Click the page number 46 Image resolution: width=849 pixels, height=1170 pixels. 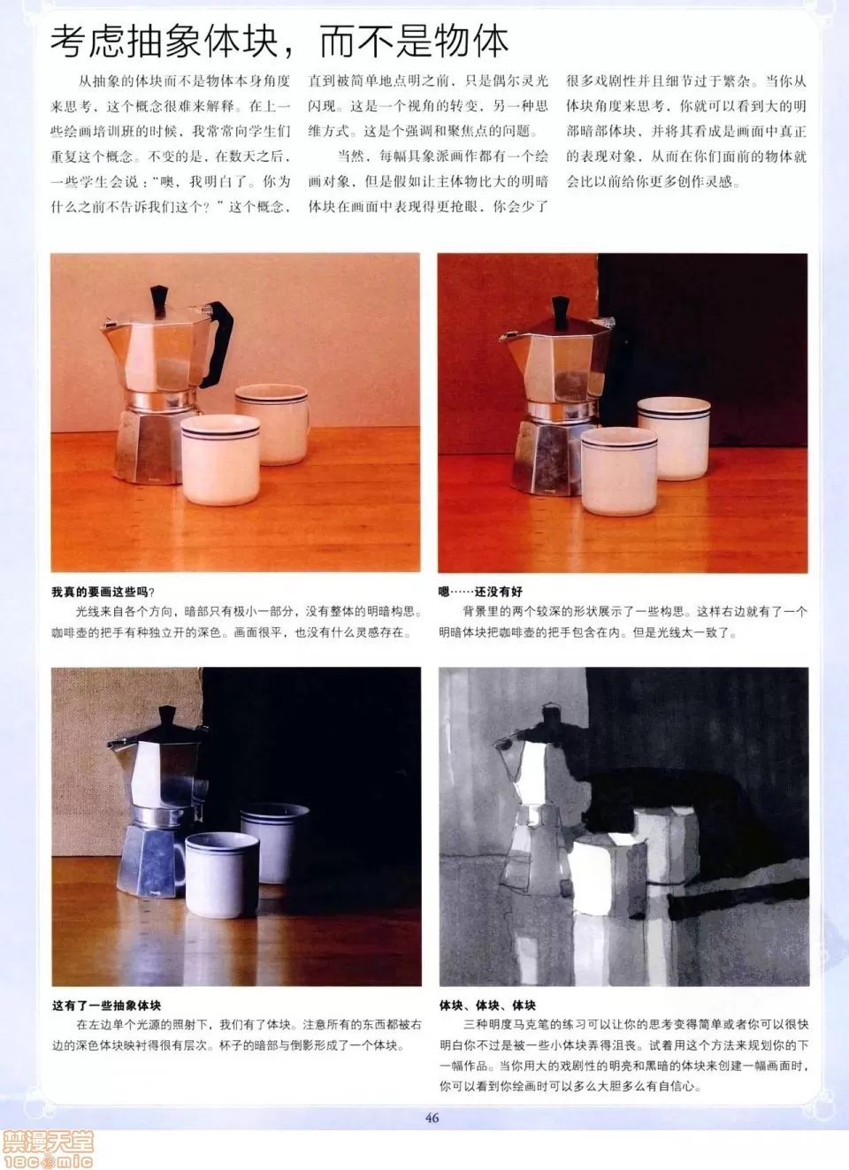pos(432,1118)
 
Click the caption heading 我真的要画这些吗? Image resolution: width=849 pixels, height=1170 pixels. pos(103,592)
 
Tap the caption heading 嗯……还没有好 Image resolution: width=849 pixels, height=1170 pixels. pos(480,592)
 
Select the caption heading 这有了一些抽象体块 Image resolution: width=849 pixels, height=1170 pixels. pos(107,1006)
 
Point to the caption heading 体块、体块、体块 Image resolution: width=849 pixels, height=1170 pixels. pos(487,1006)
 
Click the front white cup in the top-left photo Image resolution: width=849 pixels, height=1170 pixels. pos(220,460)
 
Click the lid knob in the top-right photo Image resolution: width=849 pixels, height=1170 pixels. pos(560,311)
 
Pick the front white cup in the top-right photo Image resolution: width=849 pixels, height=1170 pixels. pos(619,471)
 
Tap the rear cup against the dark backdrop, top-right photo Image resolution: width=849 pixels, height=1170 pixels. pos(675,436)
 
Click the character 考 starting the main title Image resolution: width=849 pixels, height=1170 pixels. pos(68,42)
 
